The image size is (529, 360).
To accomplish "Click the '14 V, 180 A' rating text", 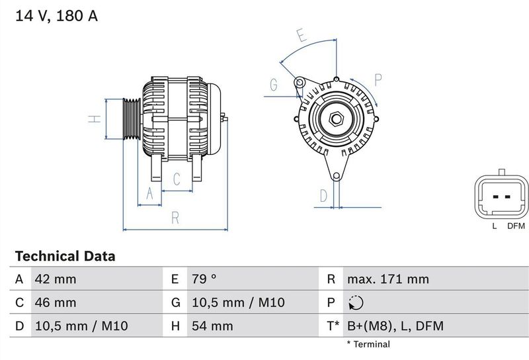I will pyautogui.click(x=56, y=17).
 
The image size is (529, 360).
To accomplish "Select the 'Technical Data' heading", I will pyautogui.click(x=65, y=256).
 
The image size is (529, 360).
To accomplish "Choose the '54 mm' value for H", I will pyautogui.click(x=212, y=326).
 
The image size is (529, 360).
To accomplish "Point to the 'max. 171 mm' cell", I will pyautogui.click(x=387, y=279).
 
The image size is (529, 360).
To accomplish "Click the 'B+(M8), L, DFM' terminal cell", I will pyautogui.click(x=395, y=326).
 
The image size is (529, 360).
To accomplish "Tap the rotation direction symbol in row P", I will pyautogui.click(x=355, y=303).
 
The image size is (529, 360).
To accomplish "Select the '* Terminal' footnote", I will pyautogui.click(x=368, y=344).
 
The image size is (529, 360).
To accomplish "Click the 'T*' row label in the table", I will pyautogui.click(x=333, y=326).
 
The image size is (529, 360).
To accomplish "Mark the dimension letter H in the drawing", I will pyautogui.click(x=95, y=119).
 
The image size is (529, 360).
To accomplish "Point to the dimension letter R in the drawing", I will pyautogui.click(x=175, y=217).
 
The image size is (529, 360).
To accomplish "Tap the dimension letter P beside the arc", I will pyautogui.click(x=379, y=80).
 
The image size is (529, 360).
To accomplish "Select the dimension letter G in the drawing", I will pyautogui.click(x=273, y=84).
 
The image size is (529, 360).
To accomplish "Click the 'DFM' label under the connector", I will pyautogui.click(x=516, y=226).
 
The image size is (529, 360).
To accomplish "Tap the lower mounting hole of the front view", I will pyautogui.click(x=336, y=176).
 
